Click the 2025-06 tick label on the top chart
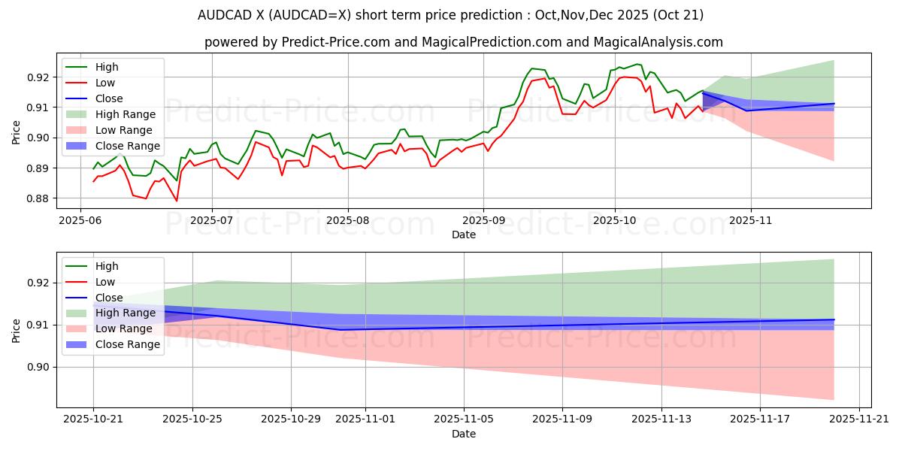click(x=80, y=221)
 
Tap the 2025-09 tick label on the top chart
click(x=483, y=221)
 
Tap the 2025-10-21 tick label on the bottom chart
click(x=93, y=420)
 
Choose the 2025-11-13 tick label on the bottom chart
click(x=661, y=420)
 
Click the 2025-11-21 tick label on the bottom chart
click(x=859, y=420)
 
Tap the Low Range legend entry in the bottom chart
click(x=124, y=328)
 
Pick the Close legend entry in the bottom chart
click(x=109, y=297)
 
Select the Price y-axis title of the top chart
click(x=17, y=132)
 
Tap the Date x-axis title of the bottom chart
click(x=464, y=434)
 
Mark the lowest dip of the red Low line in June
click(x=177, y=201)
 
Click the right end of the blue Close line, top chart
click(x=834, y=104)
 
